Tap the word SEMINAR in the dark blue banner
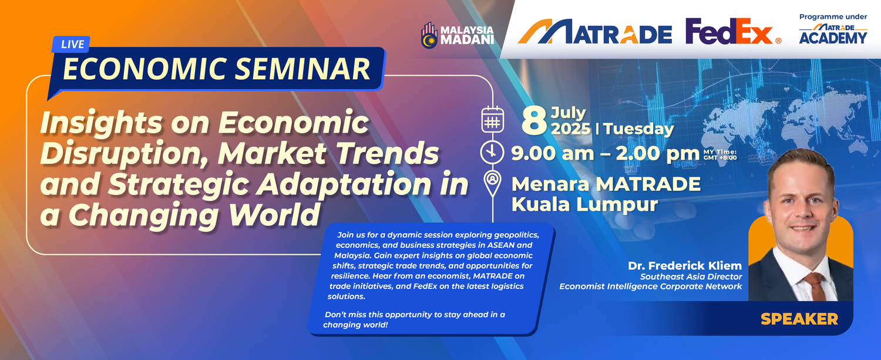coord(302,69)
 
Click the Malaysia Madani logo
coord(457,35)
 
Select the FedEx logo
coord(733,32)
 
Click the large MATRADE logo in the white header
coord(594,32)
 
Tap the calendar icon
coord(492,119)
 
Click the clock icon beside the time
coord(492,152)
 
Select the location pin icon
coord(492,184)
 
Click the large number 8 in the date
coord(534,121)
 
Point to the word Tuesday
coord(639,129)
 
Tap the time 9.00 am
coord(553,153)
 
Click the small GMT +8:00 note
coord(720,158)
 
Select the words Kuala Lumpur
coord(584,204)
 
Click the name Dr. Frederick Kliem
coord(685,265)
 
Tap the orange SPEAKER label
coord(799,319)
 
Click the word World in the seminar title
coord(274,215)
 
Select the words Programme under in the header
coord(833,17)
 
